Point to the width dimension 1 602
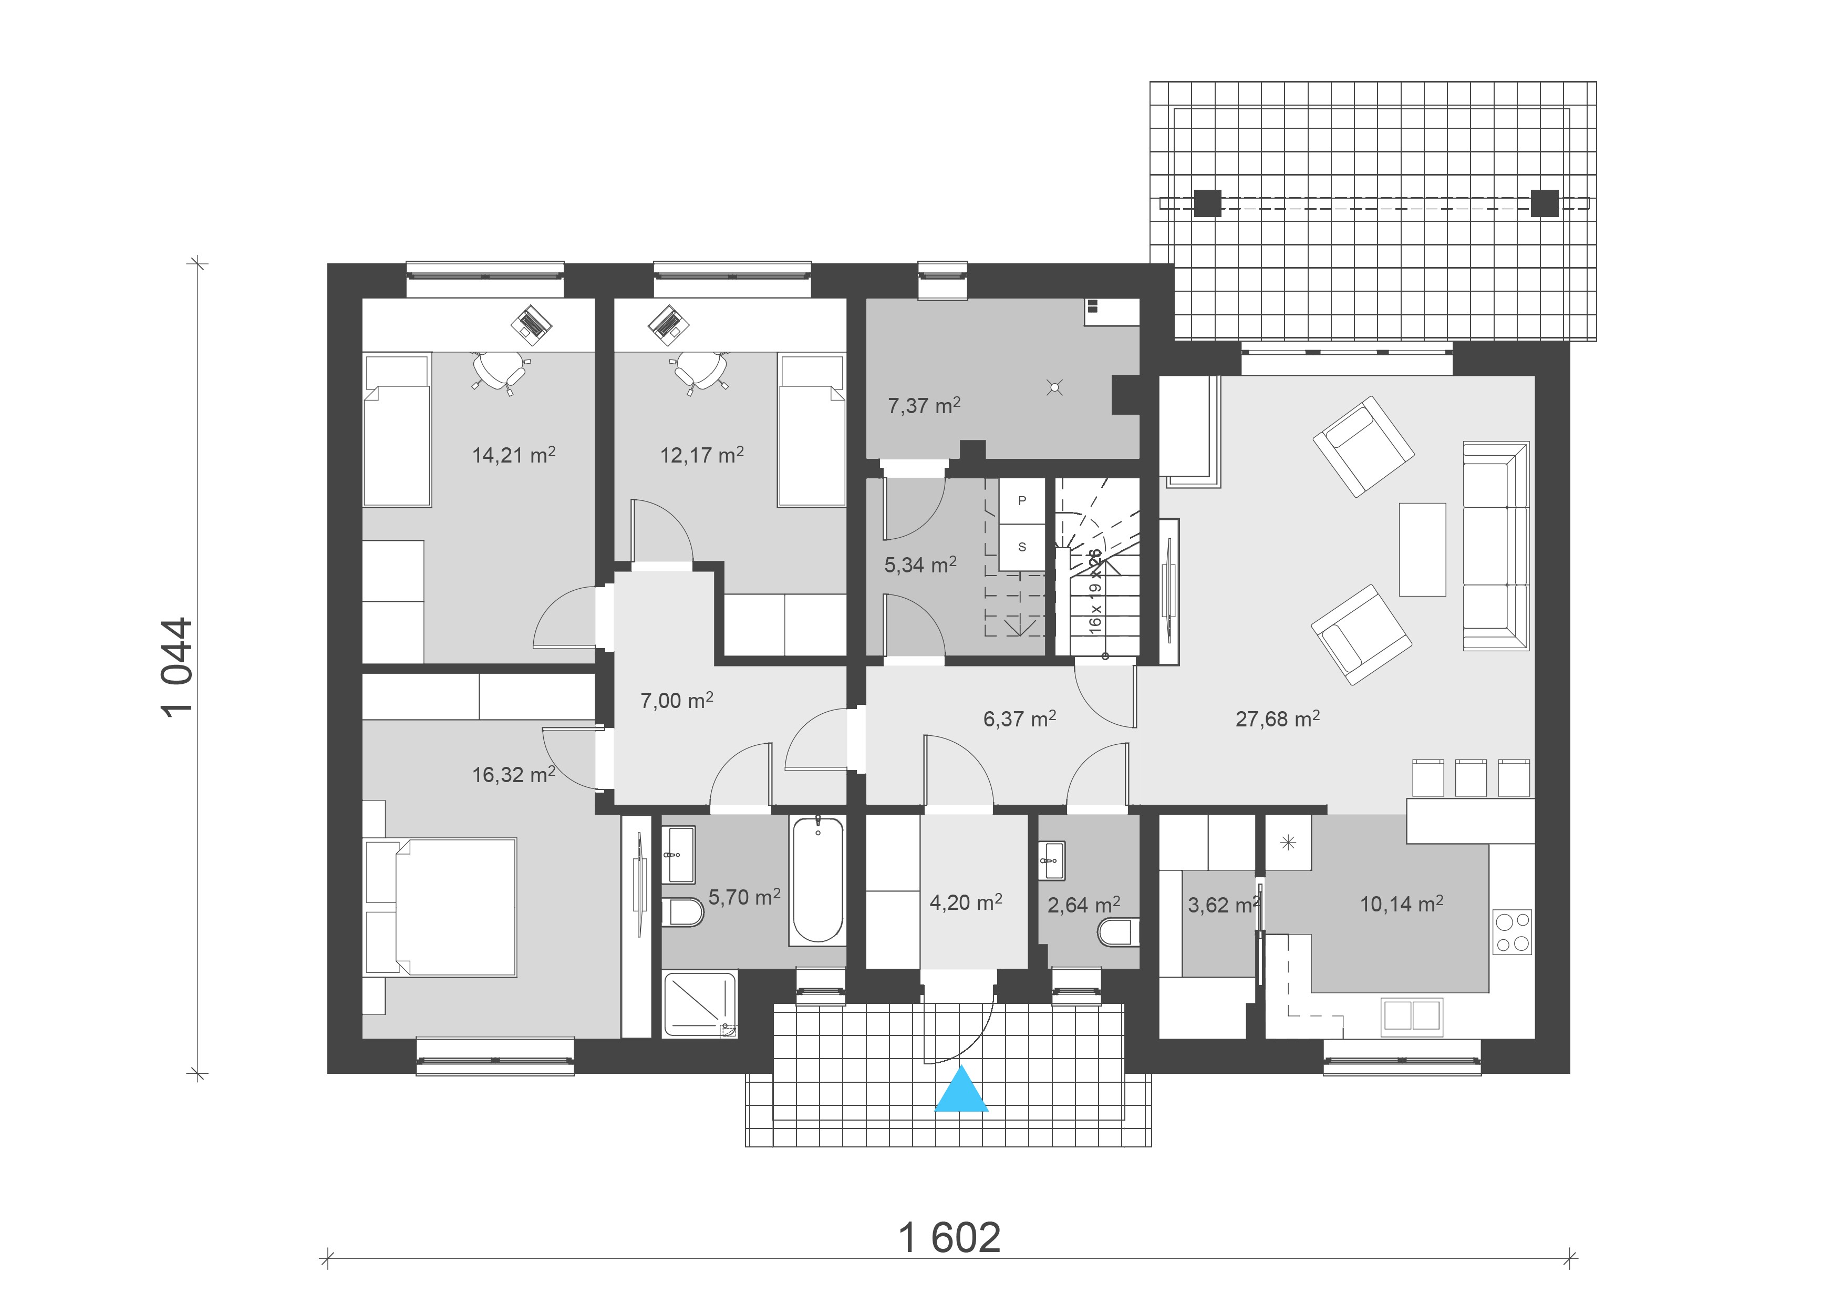(x=949, y=1238)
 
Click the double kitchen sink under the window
(x=1412, y=1015)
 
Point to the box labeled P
(x=1022, y=501)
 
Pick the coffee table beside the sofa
(x=1422, y=549)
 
